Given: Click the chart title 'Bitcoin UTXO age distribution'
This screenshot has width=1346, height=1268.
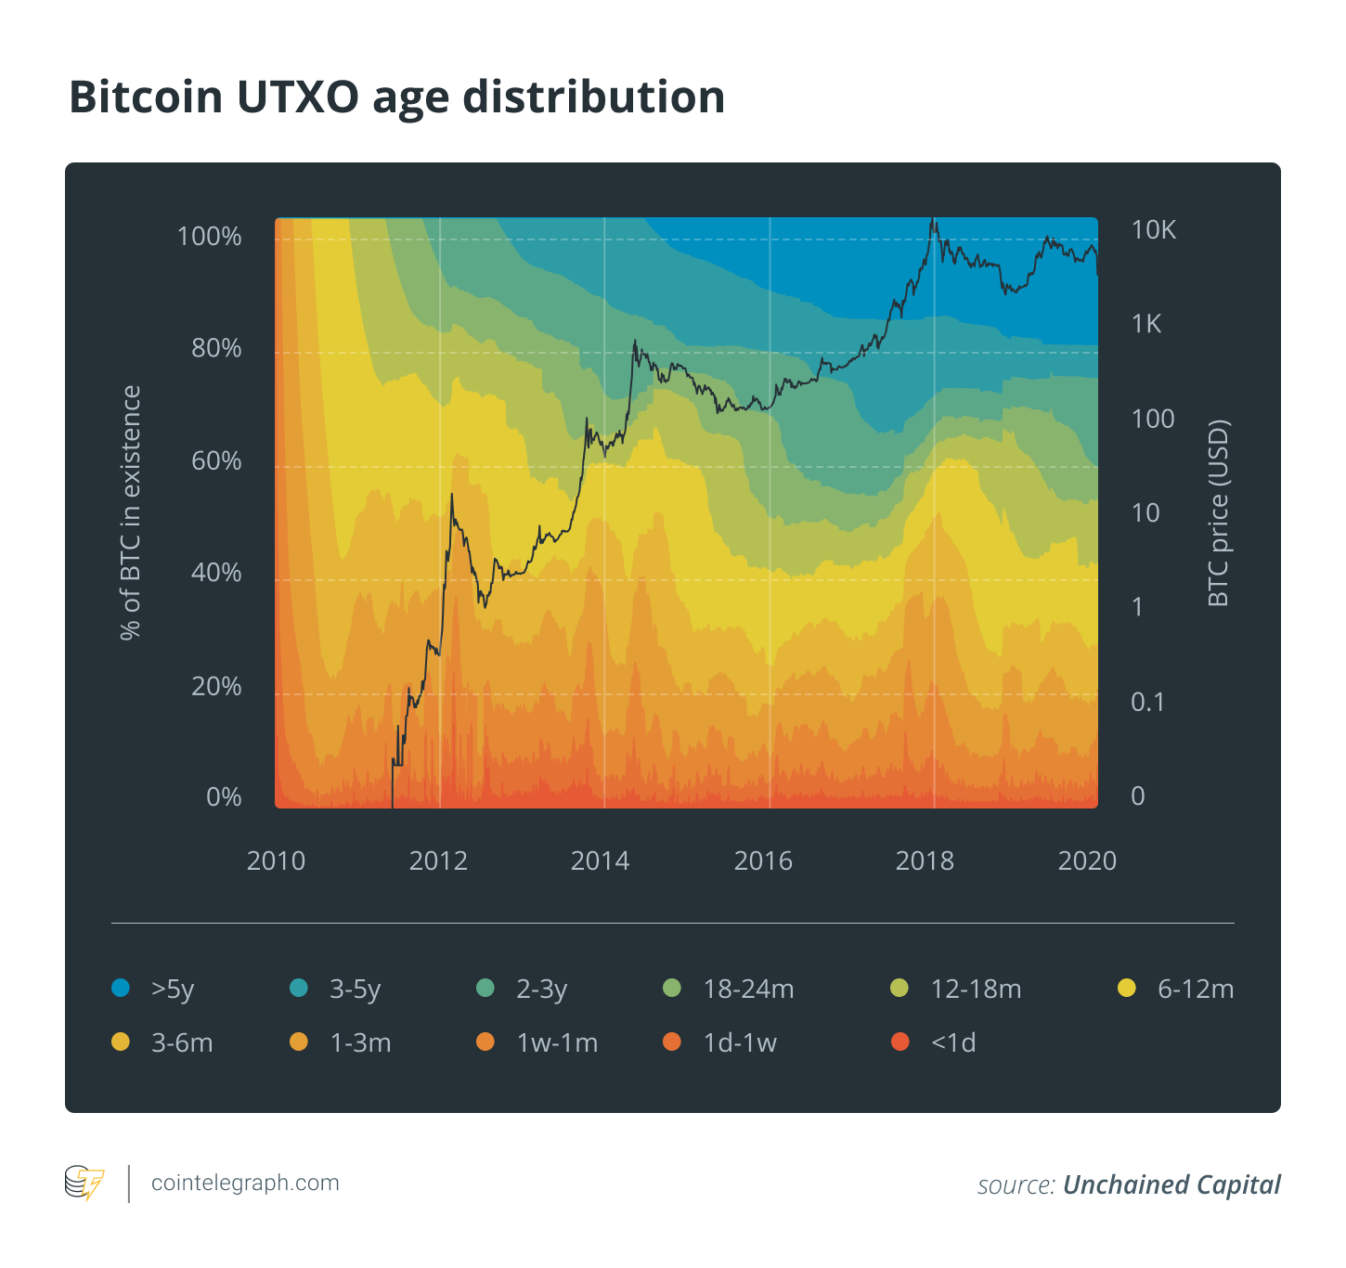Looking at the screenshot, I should [396, 97].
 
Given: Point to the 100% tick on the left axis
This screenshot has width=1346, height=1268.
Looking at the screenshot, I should [209, 237].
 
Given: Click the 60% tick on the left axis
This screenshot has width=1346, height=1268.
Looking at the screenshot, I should [215, 461].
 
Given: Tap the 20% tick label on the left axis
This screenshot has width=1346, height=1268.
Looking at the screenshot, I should [215, 686].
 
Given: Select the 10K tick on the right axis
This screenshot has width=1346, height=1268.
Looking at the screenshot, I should [1153, 230].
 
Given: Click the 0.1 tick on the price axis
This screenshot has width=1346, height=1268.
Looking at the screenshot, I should [1147, 702].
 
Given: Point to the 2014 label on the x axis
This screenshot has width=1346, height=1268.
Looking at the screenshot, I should [600, 860].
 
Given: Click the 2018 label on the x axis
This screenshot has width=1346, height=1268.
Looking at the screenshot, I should [925, 860].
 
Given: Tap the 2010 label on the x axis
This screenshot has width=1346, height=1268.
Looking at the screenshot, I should [276, 860].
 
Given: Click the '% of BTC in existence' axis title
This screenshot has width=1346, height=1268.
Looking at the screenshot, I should [131, 512].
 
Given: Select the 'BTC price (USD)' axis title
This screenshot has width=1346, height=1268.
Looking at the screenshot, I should [1218, 512].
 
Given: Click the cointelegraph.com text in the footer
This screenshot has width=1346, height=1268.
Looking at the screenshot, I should [245, 1183].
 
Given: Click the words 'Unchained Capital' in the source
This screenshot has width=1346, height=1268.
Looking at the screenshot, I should [1171, 1184].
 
